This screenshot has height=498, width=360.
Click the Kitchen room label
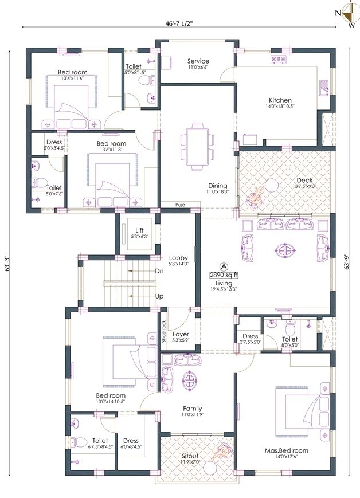click(x=279, y=100)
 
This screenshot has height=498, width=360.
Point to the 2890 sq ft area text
click(x=224, y=275)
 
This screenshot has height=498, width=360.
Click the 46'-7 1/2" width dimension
click(x=181, y=24)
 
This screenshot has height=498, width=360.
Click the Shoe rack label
click(x=164, y=331)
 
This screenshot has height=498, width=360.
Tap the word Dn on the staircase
click(x=159, y=271)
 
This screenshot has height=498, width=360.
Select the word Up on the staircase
click(x=159, y=296)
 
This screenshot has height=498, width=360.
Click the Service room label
click(x=198, y=61)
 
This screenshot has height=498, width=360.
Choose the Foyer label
click(x=181, y=333)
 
